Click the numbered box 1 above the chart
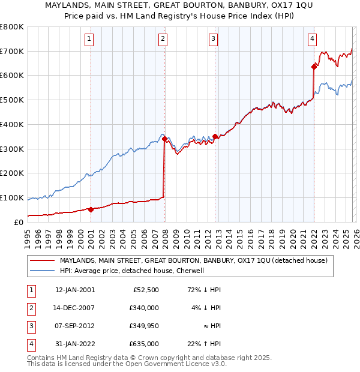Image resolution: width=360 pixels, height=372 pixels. coord(89,40)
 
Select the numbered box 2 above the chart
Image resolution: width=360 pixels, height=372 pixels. coord(163,40)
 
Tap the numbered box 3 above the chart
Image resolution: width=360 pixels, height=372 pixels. coord(213,40)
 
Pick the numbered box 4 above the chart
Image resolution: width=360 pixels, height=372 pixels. coord(313,40)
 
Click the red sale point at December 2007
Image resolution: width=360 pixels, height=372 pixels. coord(164,139)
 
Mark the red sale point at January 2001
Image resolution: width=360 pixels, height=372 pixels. coord(91,209)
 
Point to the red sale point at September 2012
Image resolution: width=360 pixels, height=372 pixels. coord(215,136)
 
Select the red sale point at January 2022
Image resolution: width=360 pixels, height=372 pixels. coord(314,67)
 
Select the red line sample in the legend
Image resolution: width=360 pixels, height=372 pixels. coord(42,261)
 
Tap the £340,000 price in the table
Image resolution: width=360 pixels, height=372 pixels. coord(144,308)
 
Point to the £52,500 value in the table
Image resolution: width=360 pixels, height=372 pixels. coord(146,290)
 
